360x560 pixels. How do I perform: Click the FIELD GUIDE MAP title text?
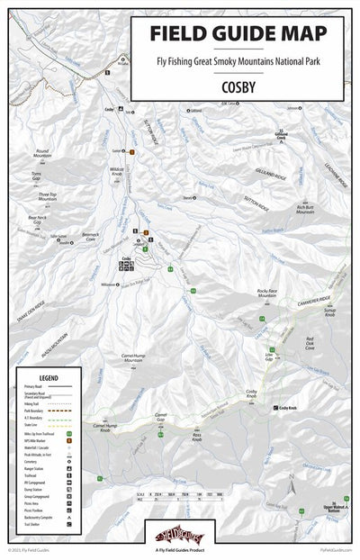point(238,33)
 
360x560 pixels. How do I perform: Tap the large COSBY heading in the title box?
point(239,87)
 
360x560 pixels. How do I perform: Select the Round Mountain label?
point(43,155)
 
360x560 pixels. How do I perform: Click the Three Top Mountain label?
point(48,195)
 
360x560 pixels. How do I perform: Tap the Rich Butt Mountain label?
point(304,212)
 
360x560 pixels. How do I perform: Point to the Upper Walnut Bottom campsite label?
point(334,510)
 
